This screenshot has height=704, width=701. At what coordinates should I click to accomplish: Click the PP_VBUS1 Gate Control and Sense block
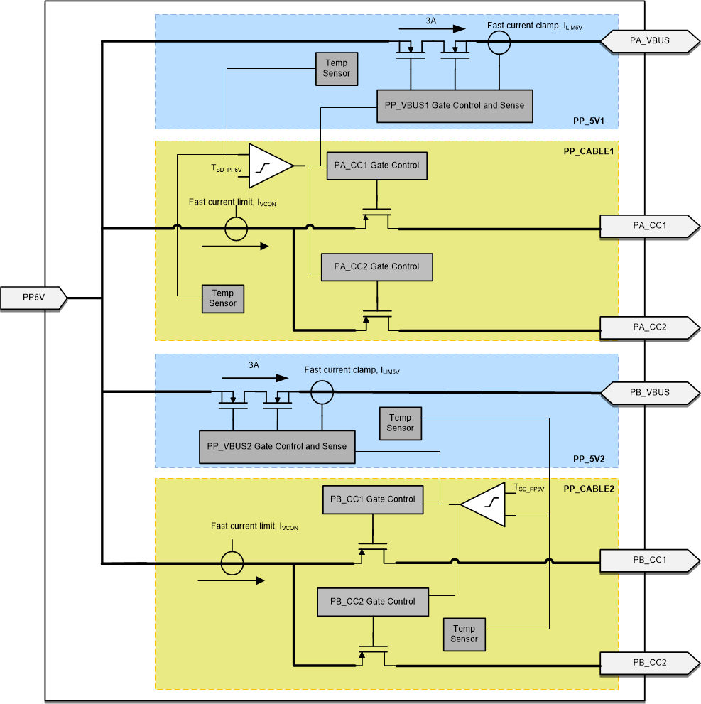(454, 106)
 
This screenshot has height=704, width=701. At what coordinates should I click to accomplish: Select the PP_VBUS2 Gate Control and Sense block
(276, 447)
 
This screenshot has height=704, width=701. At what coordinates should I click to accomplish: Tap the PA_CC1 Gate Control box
(376, 166)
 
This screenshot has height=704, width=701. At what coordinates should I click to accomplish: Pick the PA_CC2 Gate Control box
(376, 267)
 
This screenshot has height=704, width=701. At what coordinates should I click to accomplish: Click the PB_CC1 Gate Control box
(372, 499)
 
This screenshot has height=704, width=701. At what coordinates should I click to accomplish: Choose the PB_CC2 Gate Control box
(372, 602)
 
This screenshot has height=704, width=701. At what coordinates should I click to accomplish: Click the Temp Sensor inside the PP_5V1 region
(336, 69)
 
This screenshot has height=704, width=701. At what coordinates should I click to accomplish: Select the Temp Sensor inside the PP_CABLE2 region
(464, 634)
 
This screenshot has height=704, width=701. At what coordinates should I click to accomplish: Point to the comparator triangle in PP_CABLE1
(269, 166)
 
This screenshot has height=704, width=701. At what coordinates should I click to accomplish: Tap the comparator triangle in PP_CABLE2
(486, 504)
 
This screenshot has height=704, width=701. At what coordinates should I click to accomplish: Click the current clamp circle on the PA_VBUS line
(499, 42)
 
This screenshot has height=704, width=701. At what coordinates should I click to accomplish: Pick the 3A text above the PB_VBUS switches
(254, 364)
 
